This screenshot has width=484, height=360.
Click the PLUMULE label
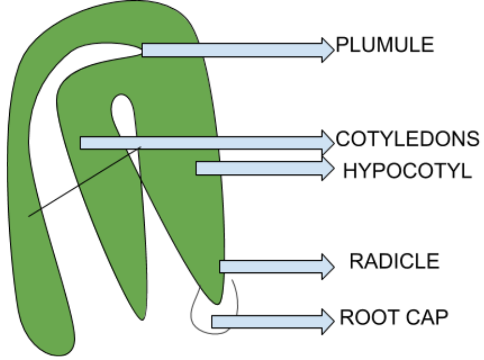tap(385, 45)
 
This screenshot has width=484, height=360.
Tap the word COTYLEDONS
tap(407, 138)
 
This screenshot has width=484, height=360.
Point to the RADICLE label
tap(394, 261)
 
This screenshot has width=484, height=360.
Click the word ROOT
tap(363, 318)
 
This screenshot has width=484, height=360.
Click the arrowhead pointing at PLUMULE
tap(328, 50)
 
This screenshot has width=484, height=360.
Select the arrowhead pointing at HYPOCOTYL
tap(328, 169)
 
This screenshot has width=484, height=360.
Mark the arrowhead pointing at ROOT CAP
tap(328, 321)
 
